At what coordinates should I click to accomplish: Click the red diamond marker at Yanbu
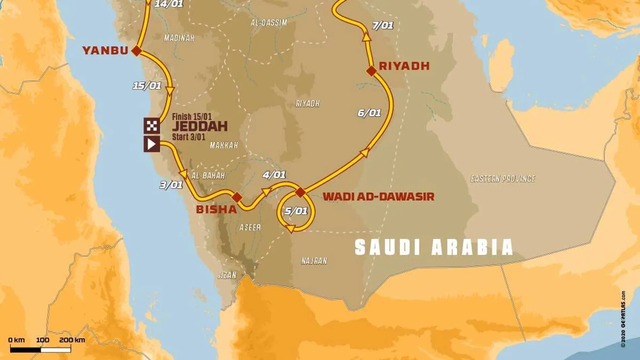(136, 51)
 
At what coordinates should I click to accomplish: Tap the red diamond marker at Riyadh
(371, 71)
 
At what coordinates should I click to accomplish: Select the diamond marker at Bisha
(237, 197)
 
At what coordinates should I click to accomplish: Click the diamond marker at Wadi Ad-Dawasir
(300, 192)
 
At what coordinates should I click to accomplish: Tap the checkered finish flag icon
(152, 126)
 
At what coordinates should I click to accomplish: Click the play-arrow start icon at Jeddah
(152, 144)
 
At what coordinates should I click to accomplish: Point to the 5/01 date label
(296, 211)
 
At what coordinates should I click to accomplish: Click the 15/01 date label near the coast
(147, 86)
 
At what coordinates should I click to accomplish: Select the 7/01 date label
(383, 26)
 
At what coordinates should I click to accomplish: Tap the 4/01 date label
(274, 175)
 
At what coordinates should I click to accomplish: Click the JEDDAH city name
(200, 127)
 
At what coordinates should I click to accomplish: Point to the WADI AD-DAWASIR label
(378, 197)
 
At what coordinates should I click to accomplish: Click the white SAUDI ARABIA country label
(434, 248)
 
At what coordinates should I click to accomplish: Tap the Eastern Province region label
(503, 179)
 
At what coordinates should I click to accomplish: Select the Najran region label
(314, 261)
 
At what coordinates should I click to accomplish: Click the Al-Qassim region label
(269, 23)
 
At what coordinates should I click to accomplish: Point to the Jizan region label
(227, 275)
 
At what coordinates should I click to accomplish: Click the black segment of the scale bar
(25, 350)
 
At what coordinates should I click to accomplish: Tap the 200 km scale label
(72, 340)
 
